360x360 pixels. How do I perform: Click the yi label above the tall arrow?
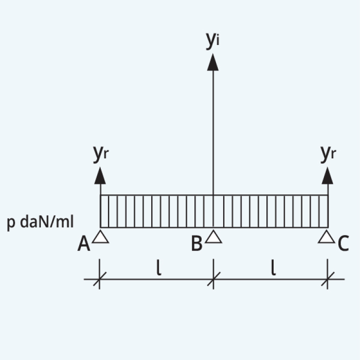click(x=213, y=40)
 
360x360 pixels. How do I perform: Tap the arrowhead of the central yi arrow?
click(x=213, y=62)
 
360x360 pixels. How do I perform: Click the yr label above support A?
click(x=101, y=154)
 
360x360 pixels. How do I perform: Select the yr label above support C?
click(x=328, y=154)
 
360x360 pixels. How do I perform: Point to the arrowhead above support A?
click(x=100, y=176)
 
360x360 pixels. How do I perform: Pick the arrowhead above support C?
click(x=328, y=176)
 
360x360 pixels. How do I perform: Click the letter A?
click(x=84, y=244)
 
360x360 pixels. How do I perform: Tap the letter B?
click(x=197, y=243)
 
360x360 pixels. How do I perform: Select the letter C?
click(x=343, y=243)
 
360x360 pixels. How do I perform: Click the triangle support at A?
click(x=100, y=238)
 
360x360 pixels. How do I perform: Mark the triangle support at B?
click(x=213, y=237)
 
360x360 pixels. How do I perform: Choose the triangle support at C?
click(x=327, y=237)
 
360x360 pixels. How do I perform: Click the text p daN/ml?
click(x=40, y=222)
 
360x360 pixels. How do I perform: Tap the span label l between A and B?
click(x=159, y=267)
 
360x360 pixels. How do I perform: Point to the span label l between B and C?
click(x=273, y=267)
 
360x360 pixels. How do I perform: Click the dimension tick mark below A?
click(x=99, y=279)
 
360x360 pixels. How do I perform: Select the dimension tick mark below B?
click(x=213, y=279)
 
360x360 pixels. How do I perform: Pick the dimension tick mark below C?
click(x=328, y=279)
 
